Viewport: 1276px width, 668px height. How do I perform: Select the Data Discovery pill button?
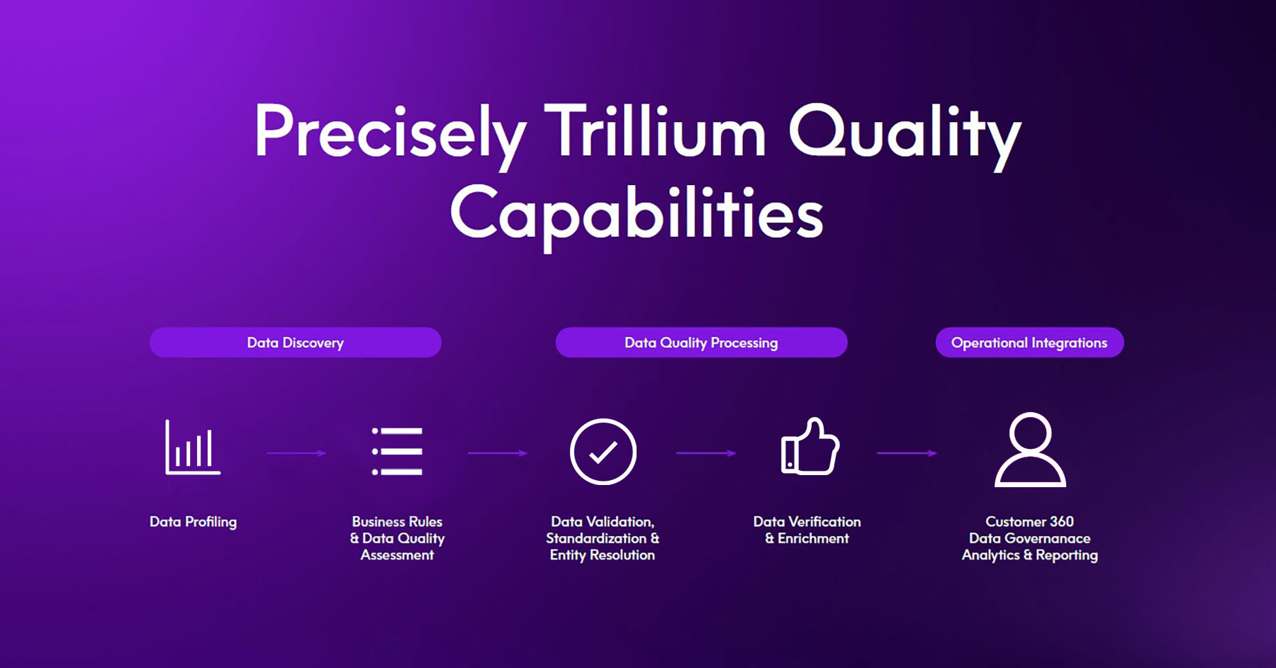click(296, 343)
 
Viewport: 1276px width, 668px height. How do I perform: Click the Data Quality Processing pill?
click(701, 343)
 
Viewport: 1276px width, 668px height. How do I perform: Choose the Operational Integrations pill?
click(1029, 343)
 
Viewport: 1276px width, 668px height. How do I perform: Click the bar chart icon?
click(192, 447)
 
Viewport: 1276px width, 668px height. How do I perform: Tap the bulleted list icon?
click(397, 451)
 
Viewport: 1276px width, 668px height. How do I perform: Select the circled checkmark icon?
click(603, 452)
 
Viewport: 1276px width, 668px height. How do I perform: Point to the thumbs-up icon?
click(810, 445)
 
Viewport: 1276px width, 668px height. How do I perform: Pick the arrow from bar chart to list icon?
click(296, 453)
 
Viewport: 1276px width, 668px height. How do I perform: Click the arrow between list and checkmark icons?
click(498, 453)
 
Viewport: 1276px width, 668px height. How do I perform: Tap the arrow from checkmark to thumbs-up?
click(706, 453)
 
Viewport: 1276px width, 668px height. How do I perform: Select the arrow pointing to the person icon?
click(907, 453)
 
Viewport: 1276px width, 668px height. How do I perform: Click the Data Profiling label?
click(193, 522)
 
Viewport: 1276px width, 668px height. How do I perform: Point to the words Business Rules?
click(397, 522)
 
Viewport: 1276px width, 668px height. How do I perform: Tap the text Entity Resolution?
click(603, 555)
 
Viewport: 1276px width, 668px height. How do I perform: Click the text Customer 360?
click(1029, 522)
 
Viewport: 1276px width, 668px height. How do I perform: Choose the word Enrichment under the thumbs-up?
click(813, 538)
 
